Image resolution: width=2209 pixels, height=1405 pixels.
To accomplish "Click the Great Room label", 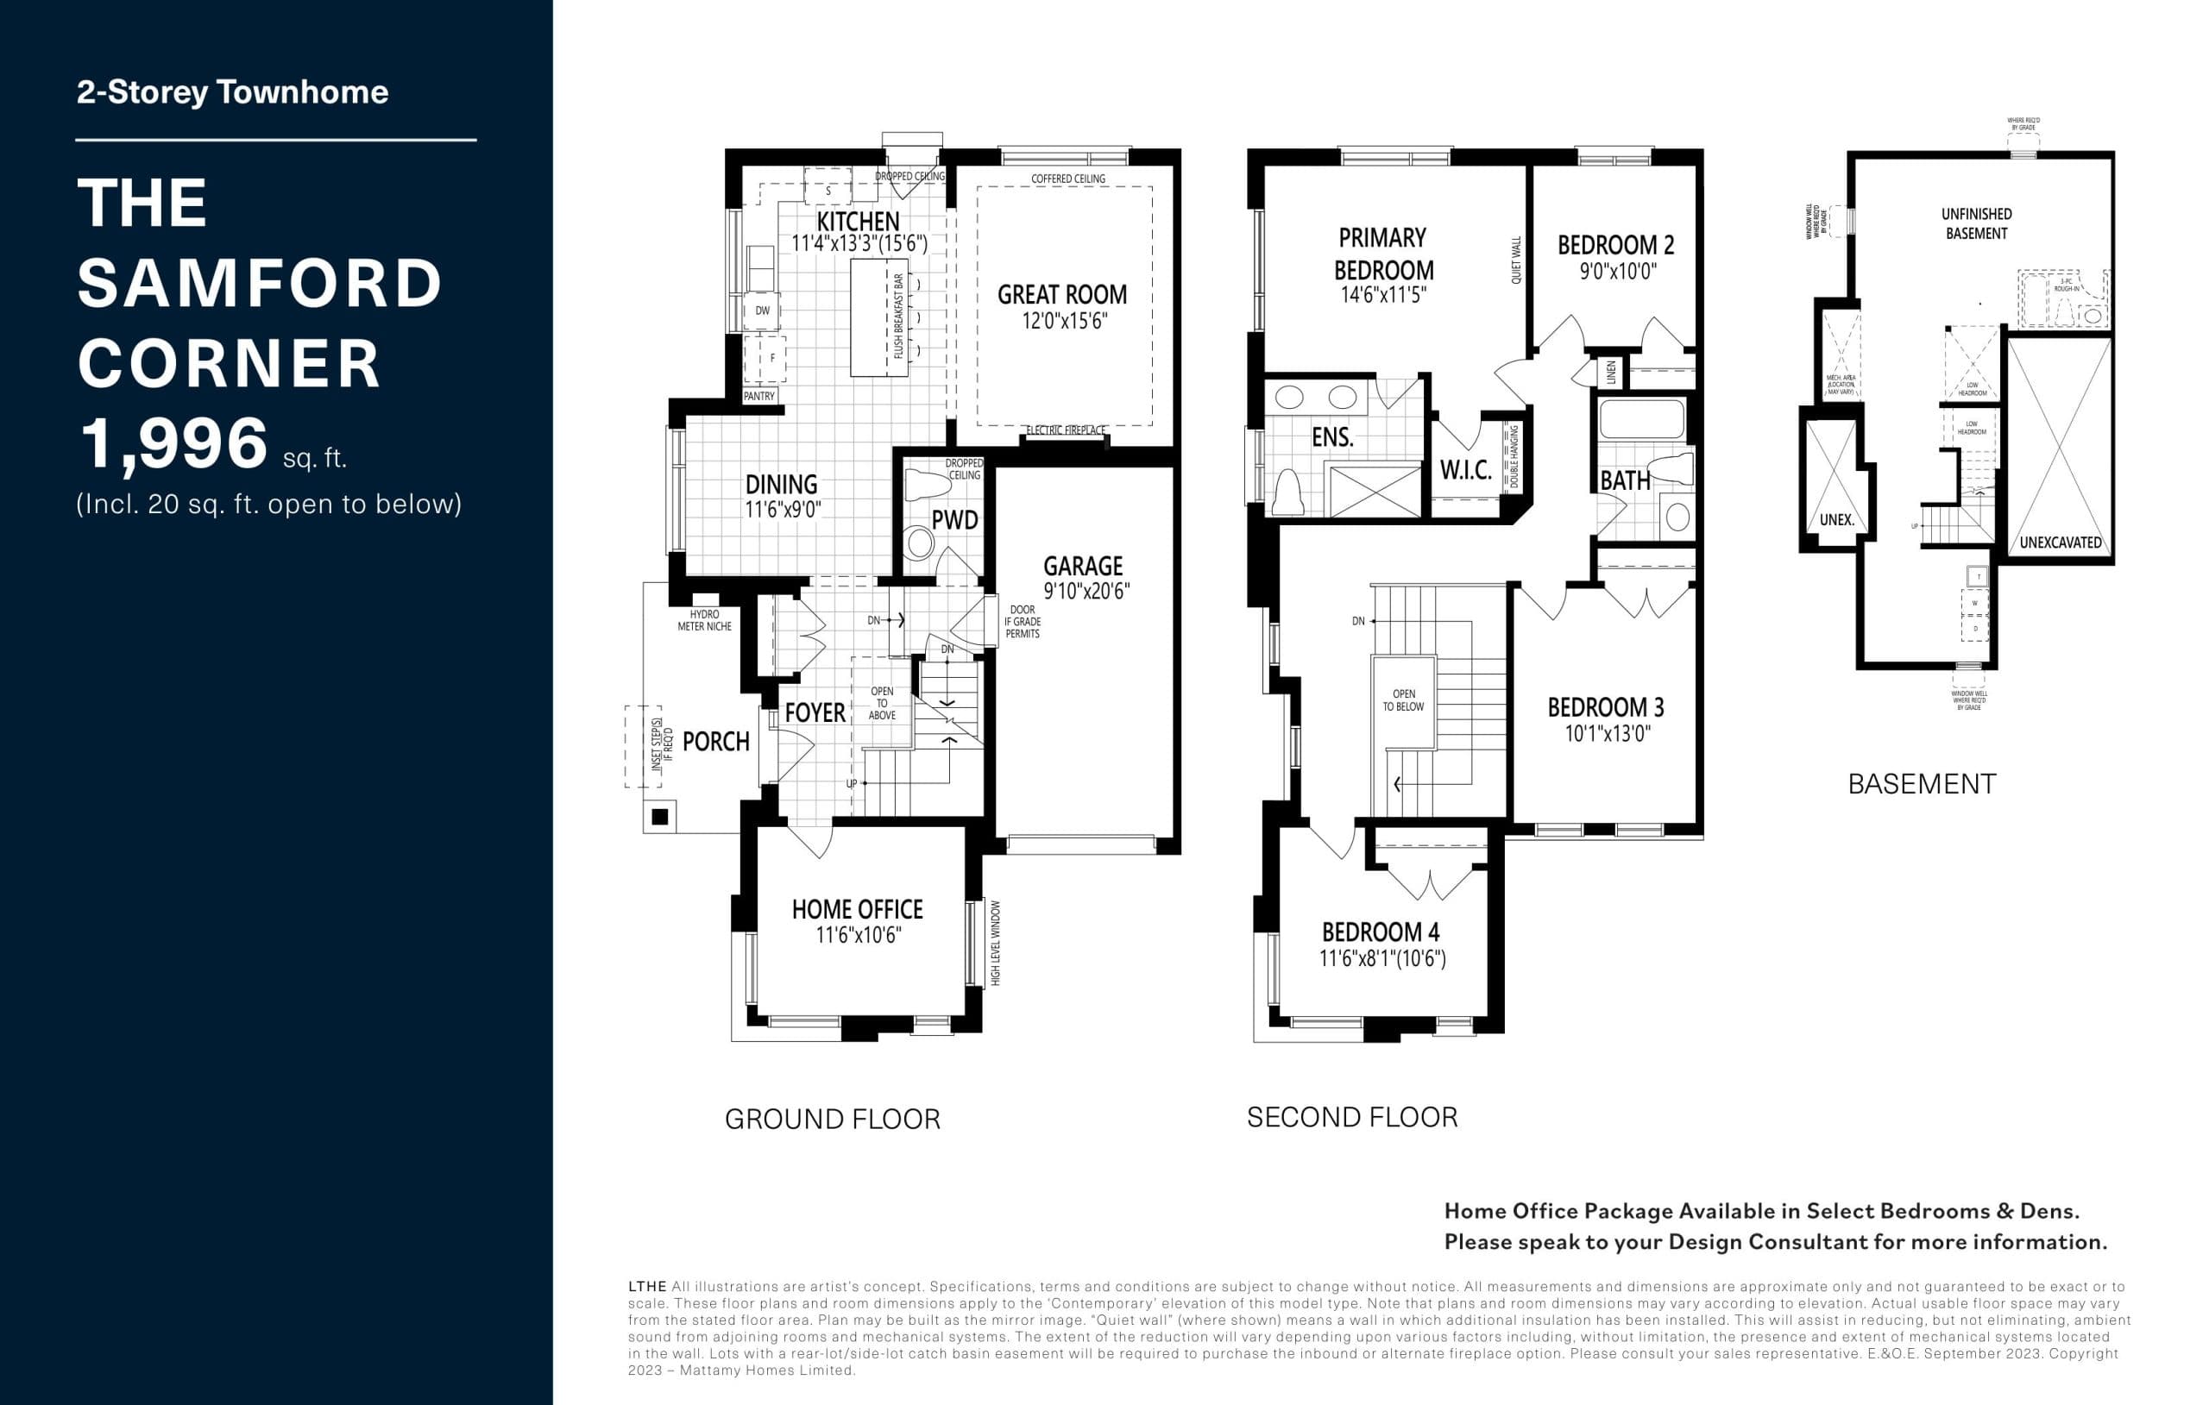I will click(1061, 294).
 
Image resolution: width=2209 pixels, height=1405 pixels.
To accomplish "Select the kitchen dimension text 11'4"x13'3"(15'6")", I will click(859, 243).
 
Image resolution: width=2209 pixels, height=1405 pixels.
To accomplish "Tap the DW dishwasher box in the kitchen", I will click(762, 310).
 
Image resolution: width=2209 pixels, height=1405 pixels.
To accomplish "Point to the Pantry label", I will click(758, 396).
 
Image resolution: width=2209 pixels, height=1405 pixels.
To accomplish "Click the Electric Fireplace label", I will click(1065, 430).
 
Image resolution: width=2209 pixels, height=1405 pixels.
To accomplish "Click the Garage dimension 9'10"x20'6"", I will click(1086, 592).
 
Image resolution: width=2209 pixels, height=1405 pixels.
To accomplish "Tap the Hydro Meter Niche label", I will click(704, 620).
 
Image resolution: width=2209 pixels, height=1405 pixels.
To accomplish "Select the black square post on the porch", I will click(659, 816).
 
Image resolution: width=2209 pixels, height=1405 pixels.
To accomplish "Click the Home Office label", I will click(857, 909).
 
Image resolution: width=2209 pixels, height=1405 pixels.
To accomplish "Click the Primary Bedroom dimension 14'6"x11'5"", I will click(1382, 294).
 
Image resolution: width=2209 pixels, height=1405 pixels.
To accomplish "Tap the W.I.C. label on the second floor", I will click(1465, 470).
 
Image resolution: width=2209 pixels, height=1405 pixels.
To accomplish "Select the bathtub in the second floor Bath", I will click(1642, 419).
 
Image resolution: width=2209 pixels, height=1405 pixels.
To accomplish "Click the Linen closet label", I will click(1611, 373).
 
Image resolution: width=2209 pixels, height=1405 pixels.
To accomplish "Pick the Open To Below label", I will click(1404, 699).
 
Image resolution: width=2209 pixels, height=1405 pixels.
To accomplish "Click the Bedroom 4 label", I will click(1380, 931).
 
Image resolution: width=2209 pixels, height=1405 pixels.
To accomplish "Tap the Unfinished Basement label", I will click(1976, 223).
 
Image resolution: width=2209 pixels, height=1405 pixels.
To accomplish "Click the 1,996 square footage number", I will click(174, 444).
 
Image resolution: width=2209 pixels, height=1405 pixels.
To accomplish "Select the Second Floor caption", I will click(1351, 1117).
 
